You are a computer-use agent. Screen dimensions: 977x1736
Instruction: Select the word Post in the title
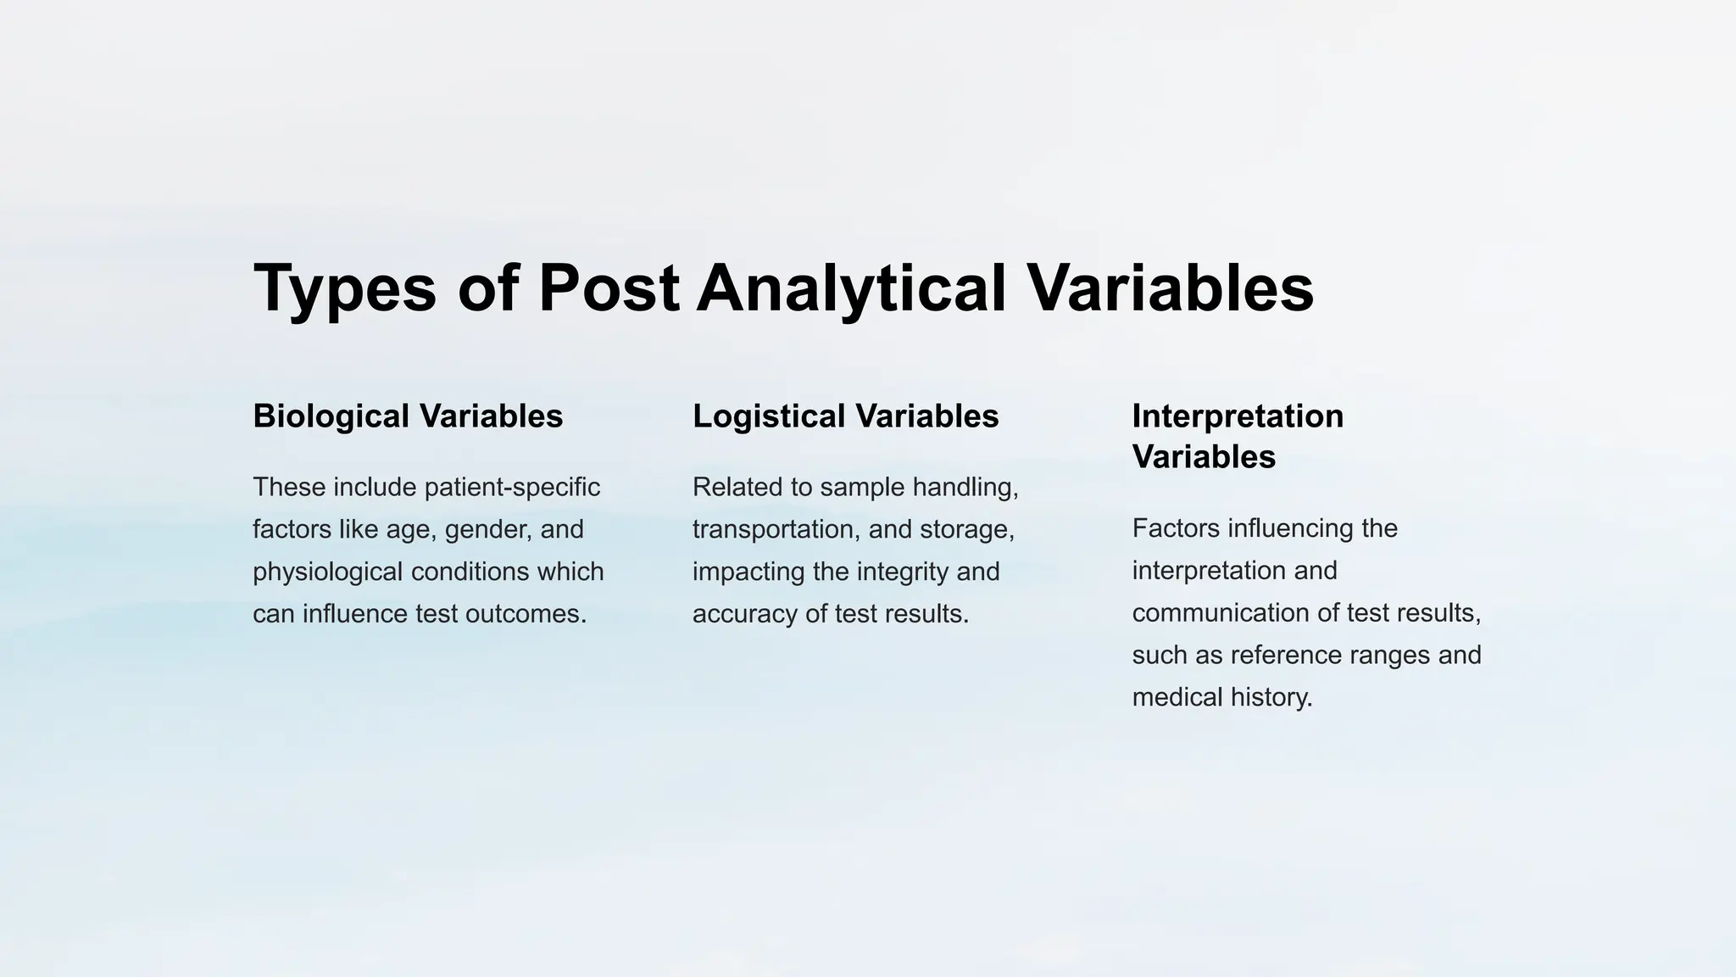coord(609,288)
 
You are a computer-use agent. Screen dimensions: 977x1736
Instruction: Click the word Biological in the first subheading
coord(331,416)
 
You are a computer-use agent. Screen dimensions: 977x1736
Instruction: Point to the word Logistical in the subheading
coord(769,416)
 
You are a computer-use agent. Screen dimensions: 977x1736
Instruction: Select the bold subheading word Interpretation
coord(1238,416)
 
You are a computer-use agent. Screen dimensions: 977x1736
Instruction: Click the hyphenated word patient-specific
coord(512,488)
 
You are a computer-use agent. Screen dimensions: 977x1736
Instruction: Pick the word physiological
coord(328,572)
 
